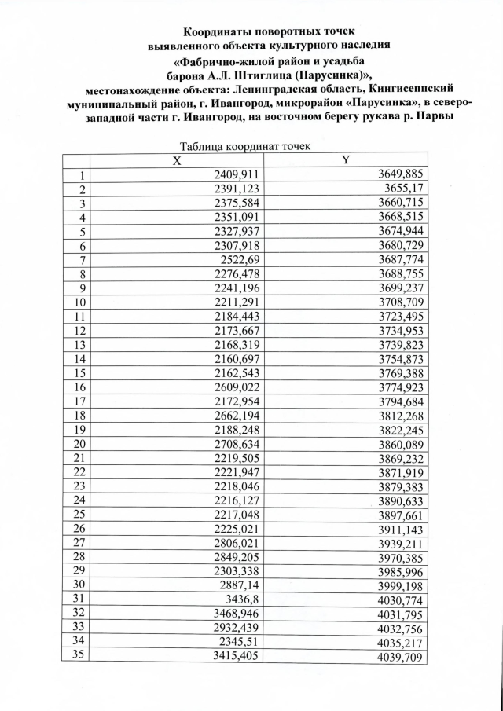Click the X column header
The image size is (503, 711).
click(x=178, y=160)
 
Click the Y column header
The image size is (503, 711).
click(x=344, y=160)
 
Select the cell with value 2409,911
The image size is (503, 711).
click(x=237, y=174)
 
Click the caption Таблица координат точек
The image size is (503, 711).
click(x=246, y=146)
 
